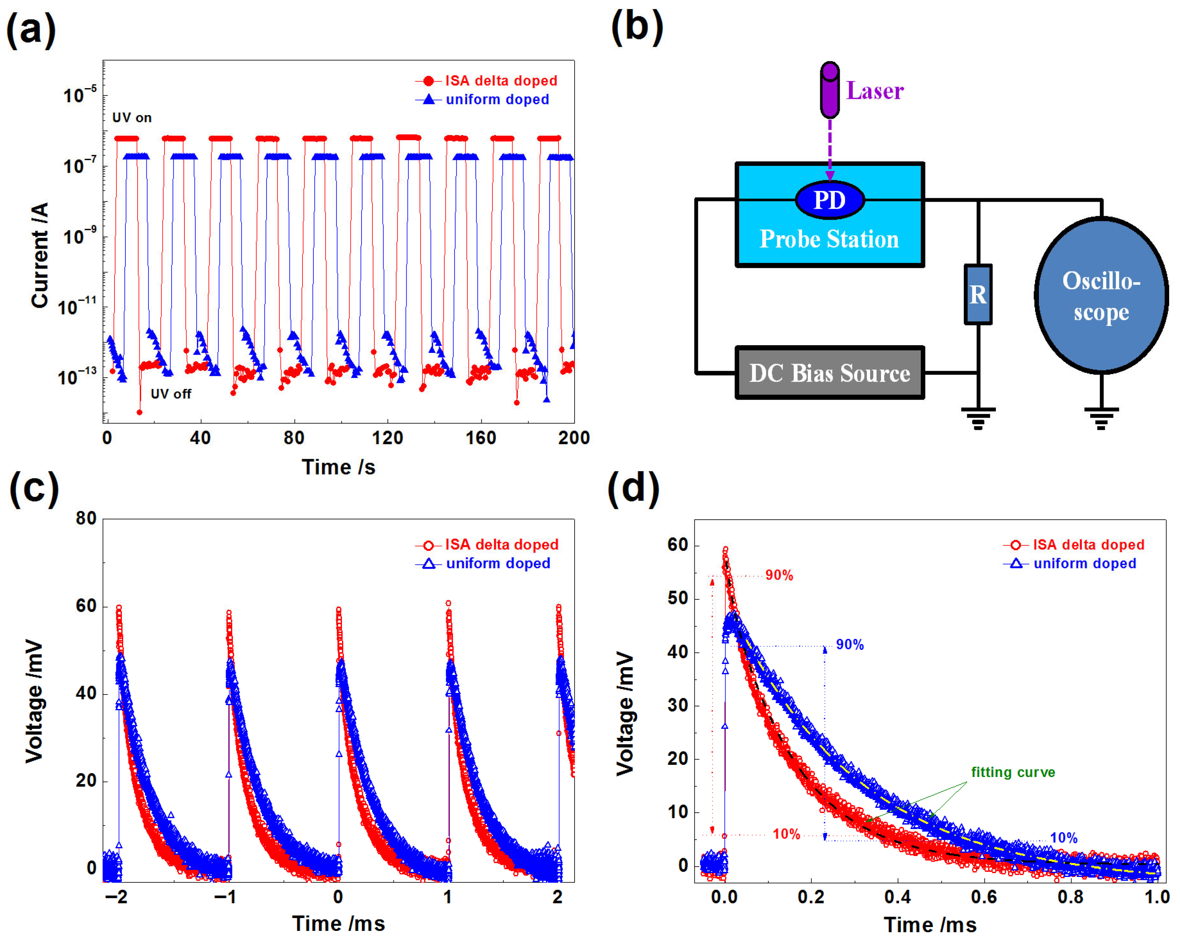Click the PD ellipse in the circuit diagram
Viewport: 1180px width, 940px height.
pos(829,200)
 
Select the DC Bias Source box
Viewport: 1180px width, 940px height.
pos(829,373)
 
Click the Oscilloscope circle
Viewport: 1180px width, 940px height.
pos(1101,296)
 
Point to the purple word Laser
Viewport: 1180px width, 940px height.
pos(875,91)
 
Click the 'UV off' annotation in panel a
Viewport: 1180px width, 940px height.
pos(171,394)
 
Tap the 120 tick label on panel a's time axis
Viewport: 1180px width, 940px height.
pos(387,438)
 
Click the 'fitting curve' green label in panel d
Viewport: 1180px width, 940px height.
pos(1013,772)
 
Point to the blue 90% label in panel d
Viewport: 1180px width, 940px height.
pos(850,645)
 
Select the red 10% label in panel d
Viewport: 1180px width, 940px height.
pos(786,834)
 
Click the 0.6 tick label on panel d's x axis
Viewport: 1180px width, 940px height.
pos(984,897)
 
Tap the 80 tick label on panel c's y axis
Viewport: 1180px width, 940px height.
pos(86,518)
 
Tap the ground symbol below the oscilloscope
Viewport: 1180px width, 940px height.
pos(1101,418)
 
